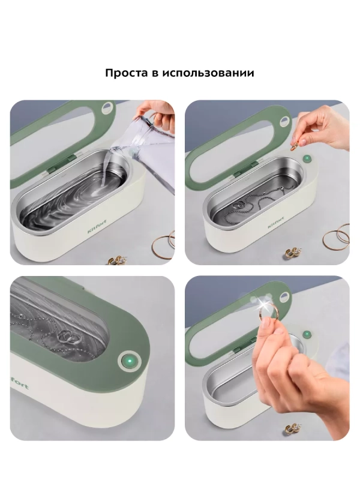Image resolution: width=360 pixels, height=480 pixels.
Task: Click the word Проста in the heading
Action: pyautogui.click(x=125, y=73)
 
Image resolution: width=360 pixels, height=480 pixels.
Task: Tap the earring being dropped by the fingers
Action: pyautogui.click(x=295, y=145)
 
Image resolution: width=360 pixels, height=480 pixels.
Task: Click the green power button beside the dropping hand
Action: pyautogui.click(x=307, y=159)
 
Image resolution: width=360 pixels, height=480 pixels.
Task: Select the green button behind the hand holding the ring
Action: pyautogui.click(x=306, y=334)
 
